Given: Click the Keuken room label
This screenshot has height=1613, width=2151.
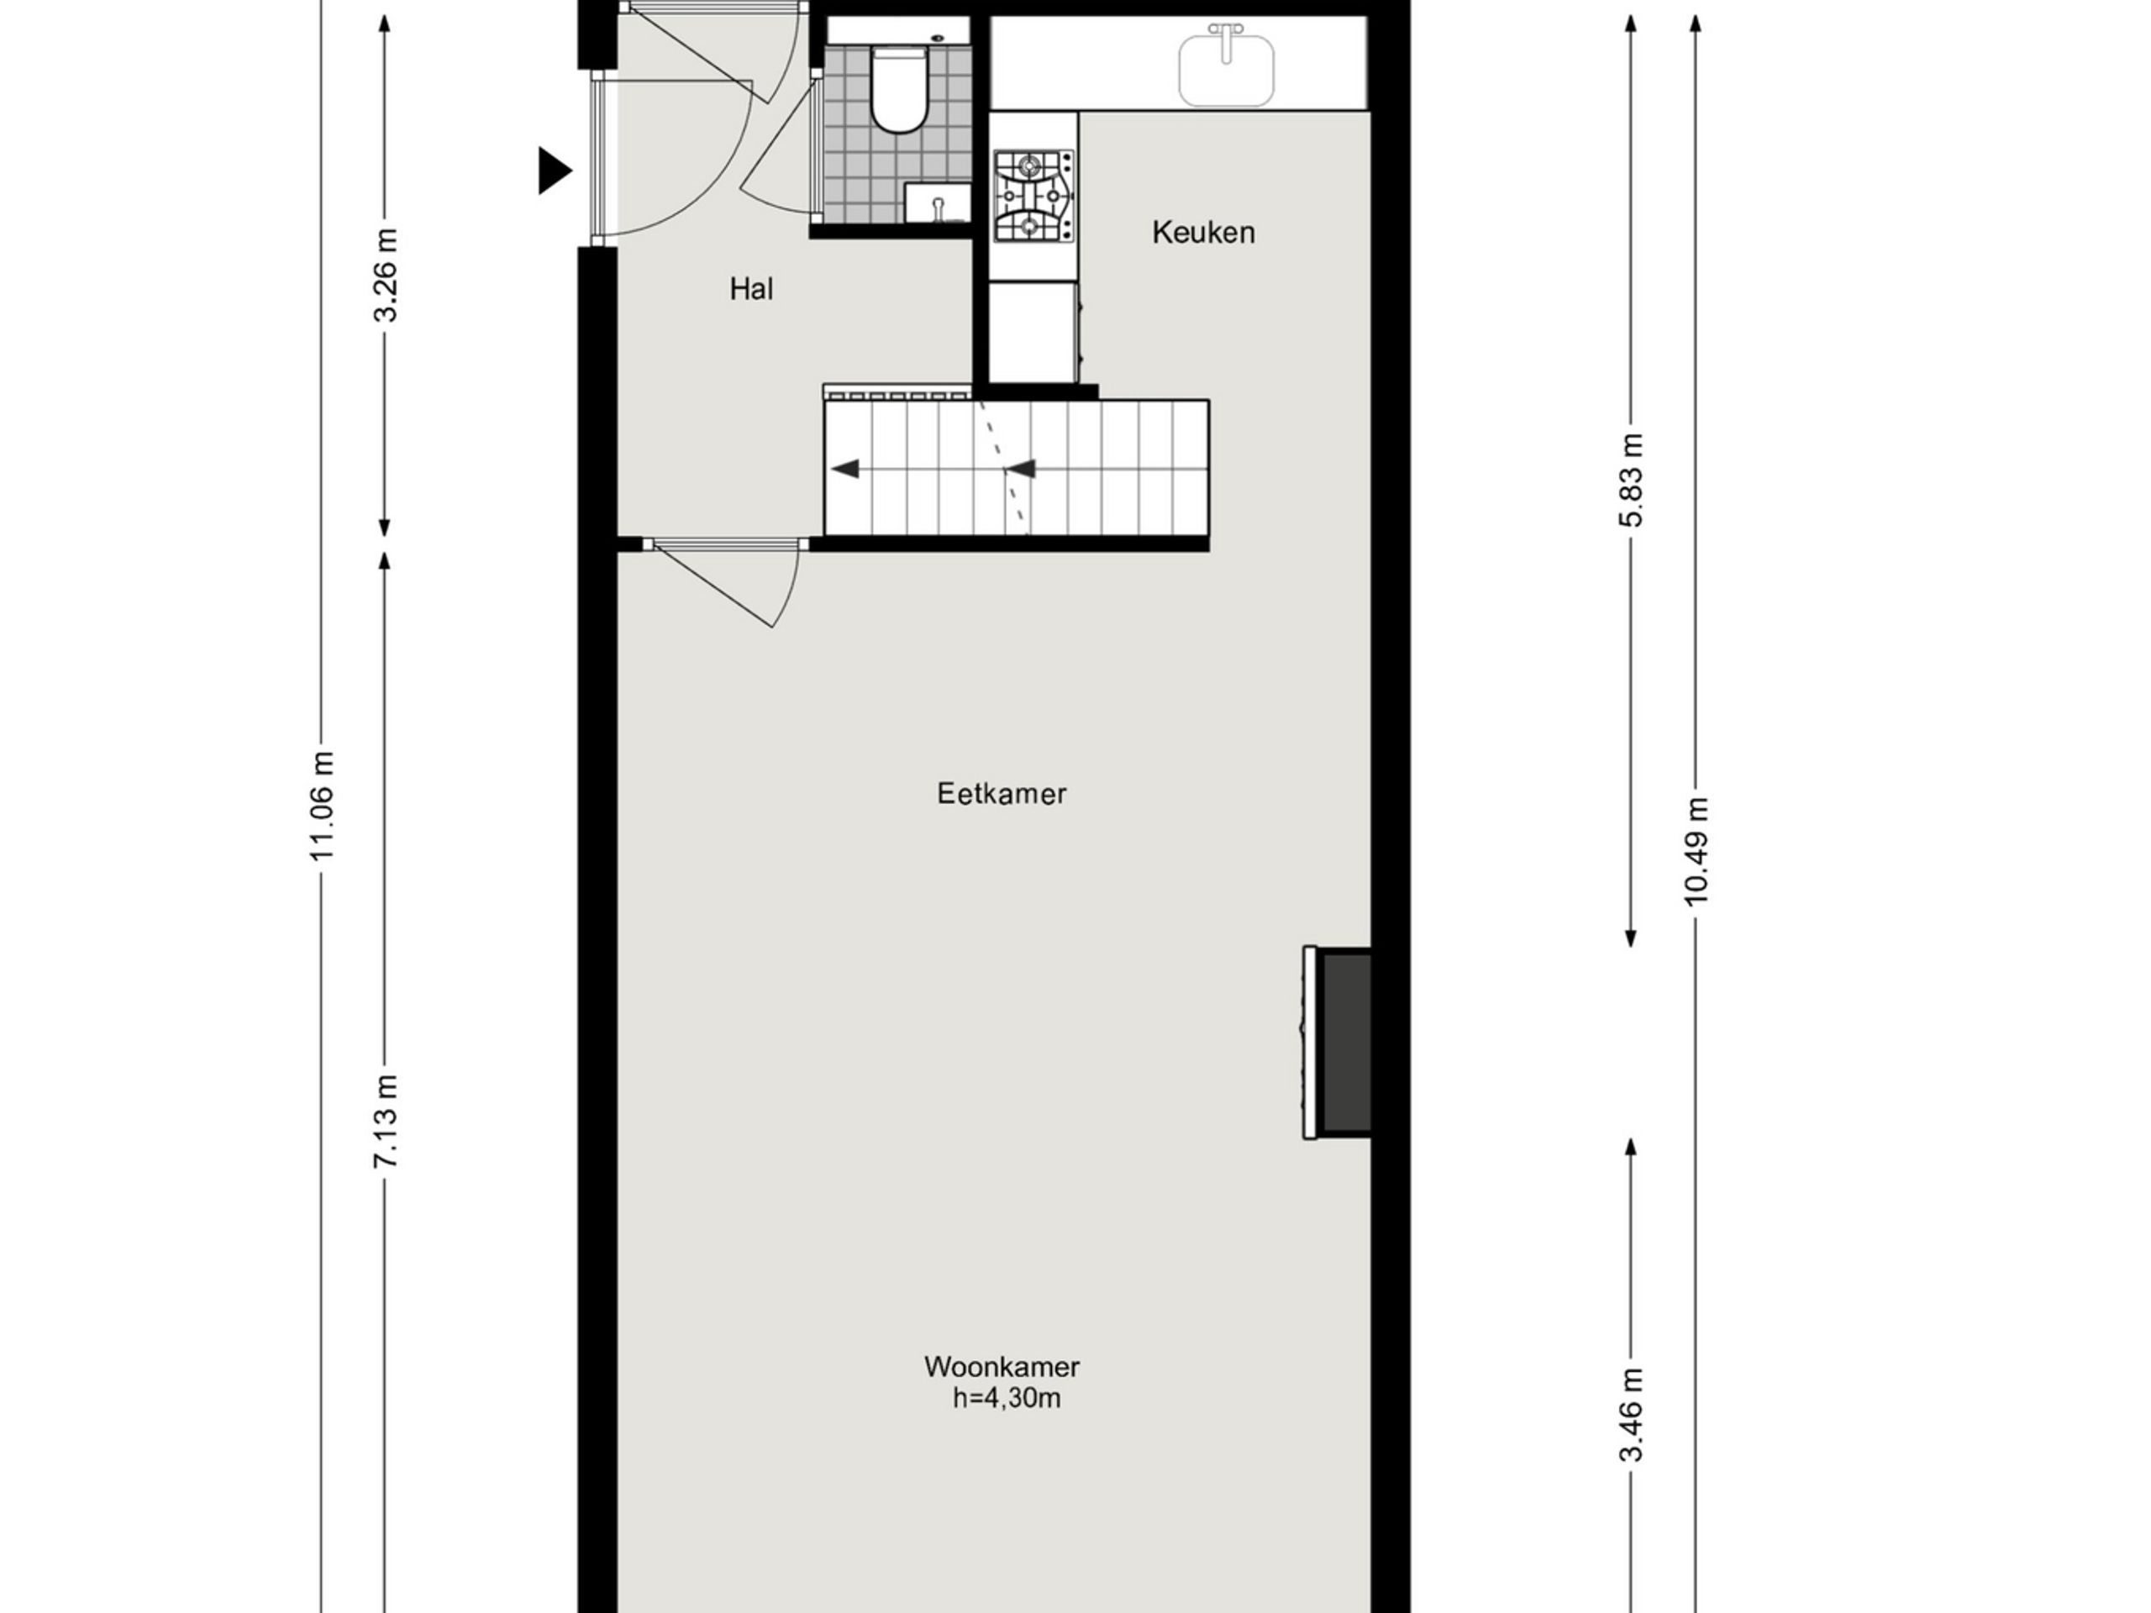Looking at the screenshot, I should tap(1203, 233).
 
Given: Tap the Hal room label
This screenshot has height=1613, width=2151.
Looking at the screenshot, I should tap(750, 289).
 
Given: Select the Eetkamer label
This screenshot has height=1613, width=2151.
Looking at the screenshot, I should tap(1002, 793).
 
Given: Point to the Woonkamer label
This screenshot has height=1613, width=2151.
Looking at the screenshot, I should tap(1002, 1367).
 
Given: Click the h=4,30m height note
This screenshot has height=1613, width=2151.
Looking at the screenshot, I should tap(1007, 1398).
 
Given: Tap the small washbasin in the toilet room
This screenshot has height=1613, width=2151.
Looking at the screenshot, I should tap(938, 205).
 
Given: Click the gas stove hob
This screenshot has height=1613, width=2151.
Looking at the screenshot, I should tap(1033, 197).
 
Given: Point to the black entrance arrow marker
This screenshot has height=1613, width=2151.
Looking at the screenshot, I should tap(555, 172).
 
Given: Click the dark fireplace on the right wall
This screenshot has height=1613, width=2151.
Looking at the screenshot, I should tap(1346, 1043).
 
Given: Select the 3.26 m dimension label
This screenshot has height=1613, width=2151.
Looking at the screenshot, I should tap(385, 276).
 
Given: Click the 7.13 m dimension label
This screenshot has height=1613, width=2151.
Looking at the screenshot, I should tap(385, 1120).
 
